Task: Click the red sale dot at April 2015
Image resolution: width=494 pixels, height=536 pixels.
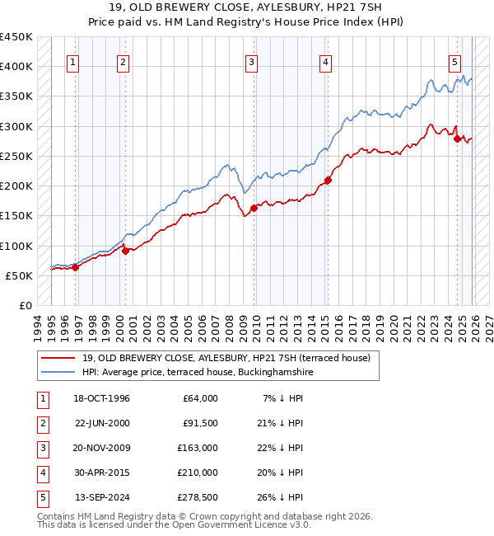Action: [x=328, y=180]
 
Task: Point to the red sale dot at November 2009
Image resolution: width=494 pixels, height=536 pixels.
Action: [x=254, y=208]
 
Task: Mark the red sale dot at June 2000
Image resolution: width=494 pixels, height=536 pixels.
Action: [x=125, y=251]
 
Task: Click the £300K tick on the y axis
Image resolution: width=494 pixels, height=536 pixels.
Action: [x=16, y=126]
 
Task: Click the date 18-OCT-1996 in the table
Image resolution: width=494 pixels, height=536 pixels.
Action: [x=102, y=398]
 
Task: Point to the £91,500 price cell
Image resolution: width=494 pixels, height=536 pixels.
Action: [x=200, y=423]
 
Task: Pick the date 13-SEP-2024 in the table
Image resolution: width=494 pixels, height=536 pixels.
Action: [x=102, y=497]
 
